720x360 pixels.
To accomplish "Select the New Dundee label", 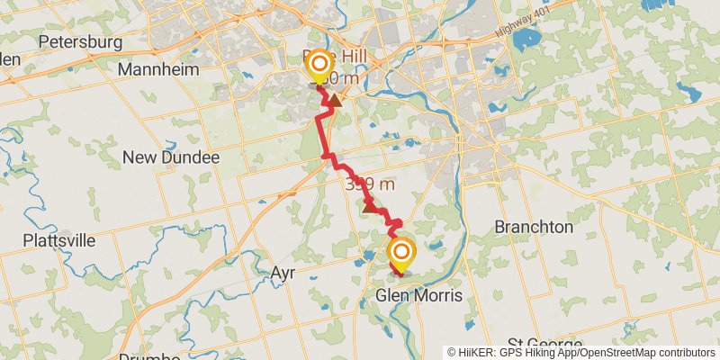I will tap(171, 157).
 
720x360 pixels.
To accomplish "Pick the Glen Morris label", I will tap(419, 295).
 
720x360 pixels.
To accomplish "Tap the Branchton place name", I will tap(533, 227).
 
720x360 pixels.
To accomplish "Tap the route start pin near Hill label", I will tap(319, 64).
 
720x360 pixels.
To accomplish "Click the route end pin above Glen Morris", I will tap(401, 253).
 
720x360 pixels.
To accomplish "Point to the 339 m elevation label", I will tap(370, 184).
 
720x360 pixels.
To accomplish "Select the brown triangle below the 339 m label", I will tap(369, 207).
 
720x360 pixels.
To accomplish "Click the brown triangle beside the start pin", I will tap(334, 100).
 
